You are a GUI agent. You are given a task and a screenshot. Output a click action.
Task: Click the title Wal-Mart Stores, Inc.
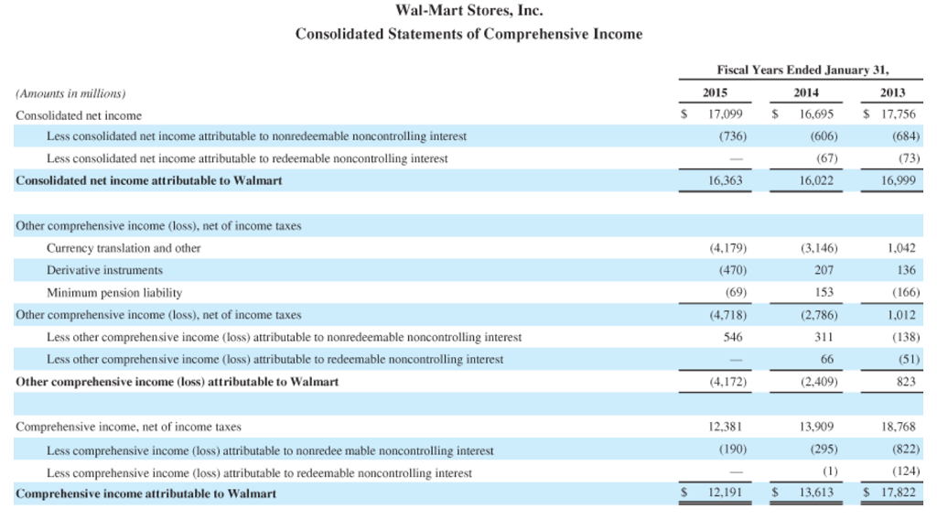pyautogui.click(x=468, y=11)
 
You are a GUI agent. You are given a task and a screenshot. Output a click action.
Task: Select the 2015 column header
pyautogui.click(x=715, y=92)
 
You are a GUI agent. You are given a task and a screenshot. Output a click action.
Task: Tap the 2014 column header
pyautogui.click(x=805, y=92)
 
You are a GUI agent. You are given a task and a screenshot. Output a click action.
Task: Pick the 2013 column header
pyautogui.click(x=892, y=92)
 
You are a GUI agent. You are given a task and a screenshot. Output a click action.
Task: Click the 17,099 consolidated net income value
pyautogui.click(x=726, y=115)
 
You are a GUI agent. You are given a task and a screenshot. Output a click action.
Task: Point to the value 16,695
pyautogui.click(x=815, y=115)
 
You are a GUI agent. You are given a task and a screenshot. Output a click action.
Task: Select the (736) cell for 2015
pyautogui.click(x=729, y=136)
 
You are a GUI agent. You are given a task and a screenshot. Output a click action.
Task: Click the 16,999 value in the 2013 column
pyautogui.click(x=898, y=181)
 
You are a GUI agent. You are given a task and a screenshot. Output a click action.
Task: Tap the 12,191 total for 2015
pyautogui.click(x=726, y=493)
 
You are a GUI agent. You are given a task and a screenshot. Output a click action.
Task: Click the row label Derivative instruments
pyautogui.click(x=104, y=270)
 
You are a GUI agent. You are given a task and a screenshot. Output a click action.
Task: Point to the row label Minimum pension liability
pyautogui.click(x=114, y=293)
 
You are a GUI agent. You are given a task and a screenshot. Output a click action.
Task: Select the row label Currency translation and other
pyautogui.click(x=124, y=248)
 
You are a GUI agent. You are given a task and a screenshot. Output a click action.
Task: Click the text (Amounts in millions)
pyautogui.click(x=70, y=93)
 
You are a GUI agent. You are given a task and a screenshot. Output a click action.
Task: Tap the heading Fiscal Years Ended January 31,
pyautogui.click(x=803, y=70)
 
